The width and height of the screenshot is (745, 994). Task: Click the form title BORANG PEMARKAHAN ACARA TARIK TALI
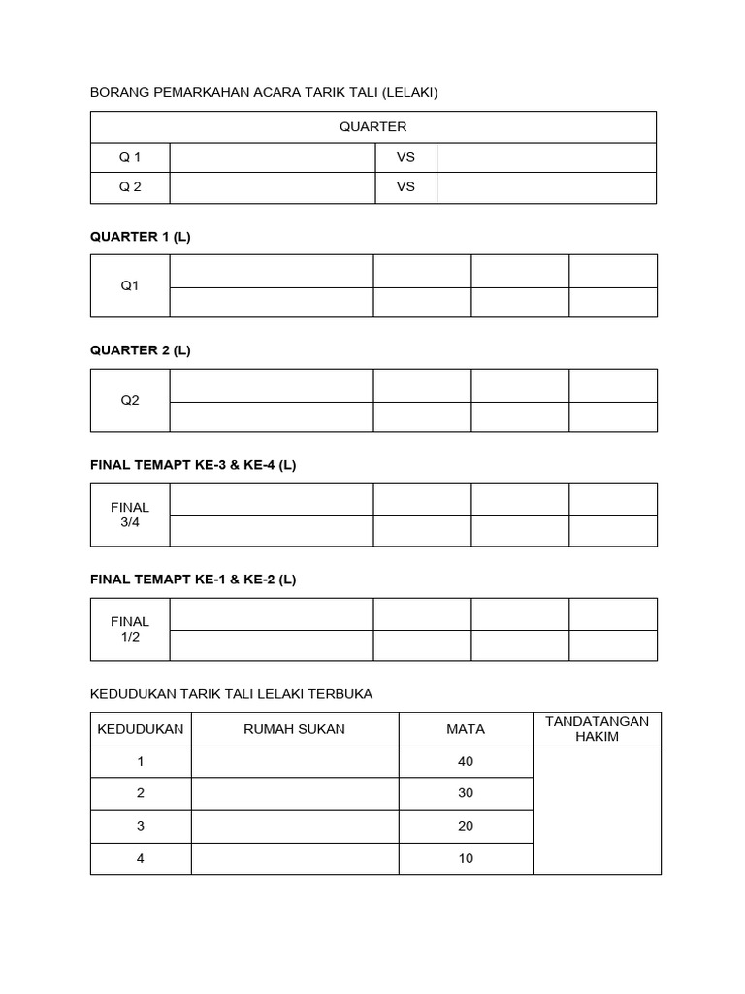(x=264, y=92)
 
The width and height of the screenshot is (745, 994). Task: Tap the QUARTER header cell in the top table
(x=372, y=126)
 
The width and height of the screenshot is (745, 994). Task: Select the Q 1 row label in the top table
(x=130, y=157)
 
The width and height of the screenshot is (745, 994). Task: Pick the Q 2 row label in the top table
(x=130, y=187)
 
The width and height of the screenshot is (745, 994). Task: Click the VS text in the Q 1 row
(x=405, y=157)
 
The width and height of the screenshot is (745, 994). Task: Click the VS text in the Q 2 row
(x=405, y=187)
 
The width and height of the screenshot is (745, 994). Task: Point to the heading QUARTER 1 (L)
(x=140, y=236)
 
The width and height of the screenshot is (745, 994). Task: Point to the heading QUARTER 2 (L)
(x=140, y=350)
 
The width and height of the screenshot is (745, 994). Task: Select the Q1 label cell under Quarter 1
(x=130, y=285)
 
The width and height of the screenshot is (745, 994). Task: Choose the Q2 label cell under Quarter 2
(x=130, y=400)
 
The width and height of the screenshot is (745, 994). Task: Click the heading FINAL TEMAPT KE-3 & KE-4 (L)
(x=193, y=465)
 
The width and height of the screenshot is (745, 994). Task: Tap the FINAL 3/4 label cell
(x=130, y=514)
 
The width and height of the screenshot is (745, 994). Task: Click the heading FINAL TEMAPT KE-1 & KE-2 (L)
(x=193, y=580)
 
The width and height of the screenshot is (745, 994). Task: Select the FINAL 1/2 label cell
(x=130, y=629)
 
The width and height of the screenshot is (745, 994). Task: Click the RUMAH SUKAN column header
(x=295, y=729)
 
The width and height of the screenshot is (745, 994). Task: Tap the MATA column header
(x=466, y=729)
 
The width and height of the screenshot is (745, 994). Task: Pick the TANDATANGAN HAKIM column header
(x=597, y=729)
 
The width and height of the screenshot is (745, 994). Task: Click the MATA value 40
(x=466, y=762)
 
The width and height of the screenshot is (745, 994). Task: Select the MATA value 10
(x=466, y=859)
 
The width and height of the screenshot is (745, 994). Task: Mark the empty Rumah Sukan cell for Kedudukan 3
(x=295, y=826)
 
